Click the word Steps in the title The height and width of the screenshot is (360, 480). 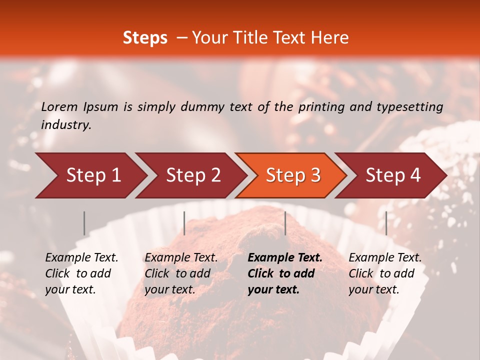[x=145, y=38]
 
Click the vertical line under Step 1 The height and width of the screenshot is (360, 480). [x=84, y=223]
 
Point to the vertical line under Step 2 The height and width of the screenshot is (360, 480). [x=184, y=223]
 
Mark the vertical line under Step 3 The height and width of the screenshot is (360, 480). [x=285, y=223]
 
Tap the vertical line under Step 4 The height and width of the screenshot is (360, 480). [x=386, y=223]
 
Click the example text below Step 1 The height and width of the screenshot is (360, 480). [x=81, y=273]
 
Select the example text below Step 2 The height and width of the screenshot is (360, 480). [x=181, y=273]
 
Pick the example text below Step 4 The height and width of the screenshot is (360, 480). [x=385, y=273]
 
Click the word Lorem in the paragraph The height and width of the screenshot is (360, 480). [x=59, y=107]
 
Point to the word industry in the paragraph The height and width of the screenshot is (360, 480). [x=66, y=125]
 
